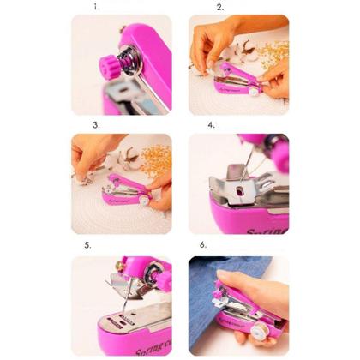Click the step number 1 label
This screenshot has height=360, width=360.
tap(97, 7)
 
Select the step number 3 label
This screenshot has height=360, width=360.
tap(97, 125)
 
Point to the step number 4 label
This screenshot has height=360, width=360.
tap(211, 125)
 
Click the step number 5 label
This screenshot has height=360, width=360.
tap(87, 245)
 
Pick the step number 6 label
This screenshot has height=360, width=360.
tap(203, 245)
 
